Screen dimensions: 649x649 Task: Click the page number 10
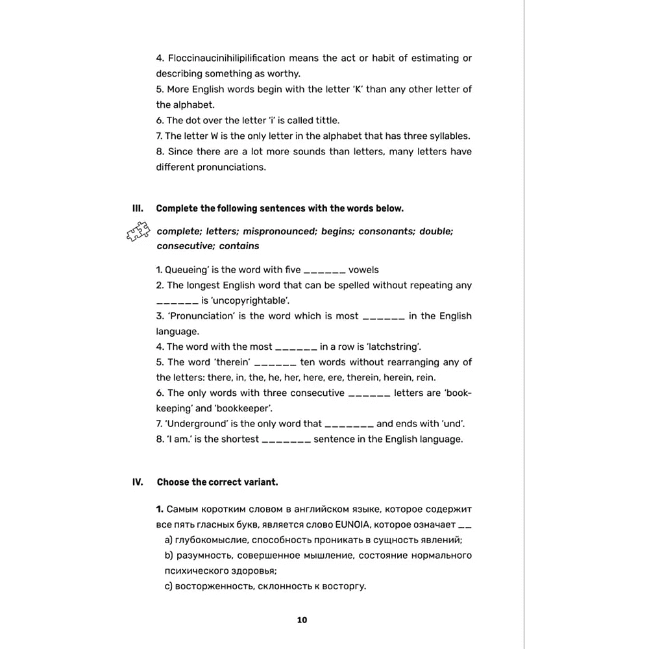pyautogui.click(x=302, y=620)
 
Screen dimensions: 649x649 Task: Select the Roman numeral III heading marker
pyautogui.click(x=137, y=208)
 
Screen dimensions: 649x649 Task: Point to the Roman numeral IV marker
pyautogui.click(x=137, y=482)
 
